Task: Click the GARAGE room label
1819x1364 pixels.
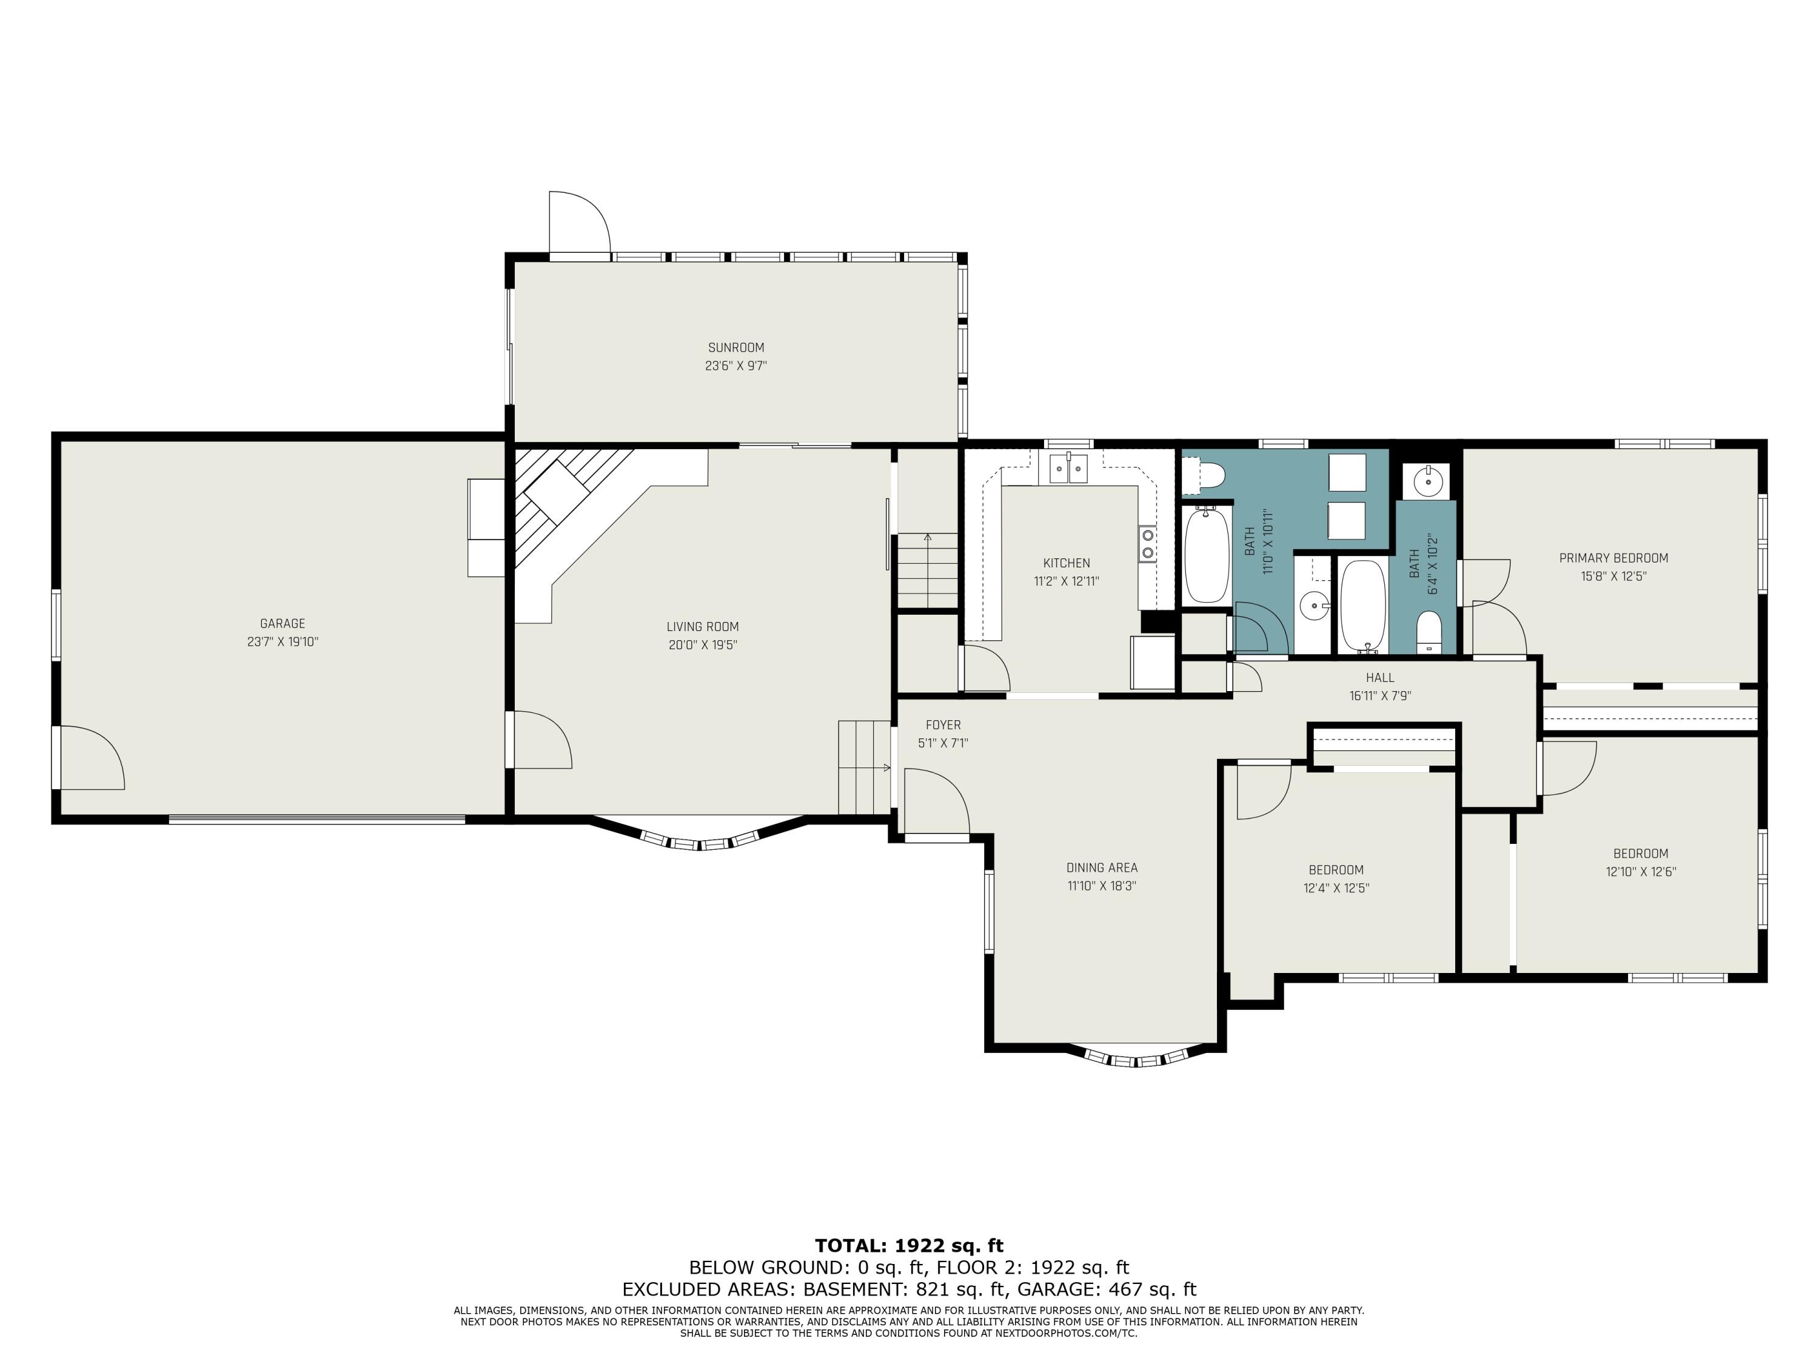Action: click(282, 624)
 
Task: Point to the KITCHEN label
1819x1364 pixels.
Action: click(1067, 563)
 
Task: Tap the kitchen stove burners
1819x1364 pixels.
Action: click(1147, 543)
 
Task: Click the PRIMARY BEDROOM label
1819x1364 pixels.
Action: click(1613, 558)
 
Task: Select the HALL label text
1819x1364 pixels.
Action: click(1380, 678)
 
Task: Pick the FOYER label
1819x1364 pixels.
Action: click(943, 725)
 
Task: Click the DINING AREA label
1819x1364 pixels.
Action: click(1102, 868)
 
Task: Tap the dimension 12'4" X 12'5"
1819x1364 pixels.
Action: click(1336, 888)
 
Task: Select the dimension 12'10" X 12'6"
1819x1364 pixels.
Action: click(1641, 872)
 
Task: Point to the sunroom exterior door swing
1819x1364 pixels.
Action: click(580, 223)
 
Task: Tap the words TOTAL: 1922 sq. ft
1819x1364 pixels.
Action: click(909, 1246)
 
